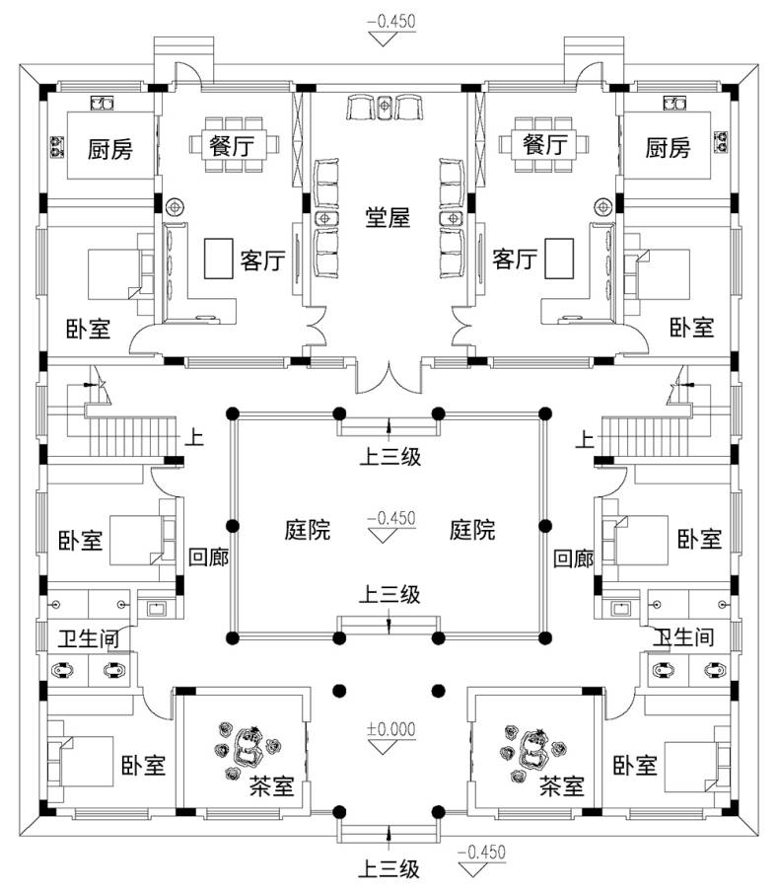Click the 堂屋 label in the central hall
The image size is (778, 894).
388,219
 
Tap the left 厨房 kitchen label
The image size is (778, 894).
109,150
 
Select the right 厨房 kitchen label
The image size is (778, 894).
669,149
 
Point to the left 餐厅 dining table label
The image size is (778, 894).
232,145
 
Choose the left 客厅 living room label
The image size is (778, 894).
262,261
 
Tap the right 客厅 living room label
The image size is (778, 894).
514,261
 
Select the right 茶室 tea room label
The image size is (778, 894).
562,786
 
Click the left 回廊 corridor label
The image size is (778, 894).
208,558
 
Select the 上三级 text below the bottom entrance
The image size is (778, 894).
389,869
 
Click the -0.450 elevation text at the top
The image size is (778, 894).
391,20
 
